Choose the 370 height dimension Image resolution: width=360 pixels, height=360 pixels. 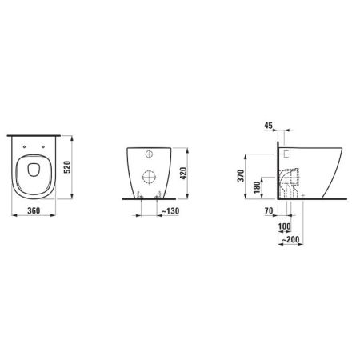point(241,175)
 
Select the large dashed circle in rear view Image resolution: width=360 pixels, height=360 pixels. point(149,177)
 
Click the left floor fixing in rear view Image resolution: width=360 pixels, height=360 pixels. point(139,194)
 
